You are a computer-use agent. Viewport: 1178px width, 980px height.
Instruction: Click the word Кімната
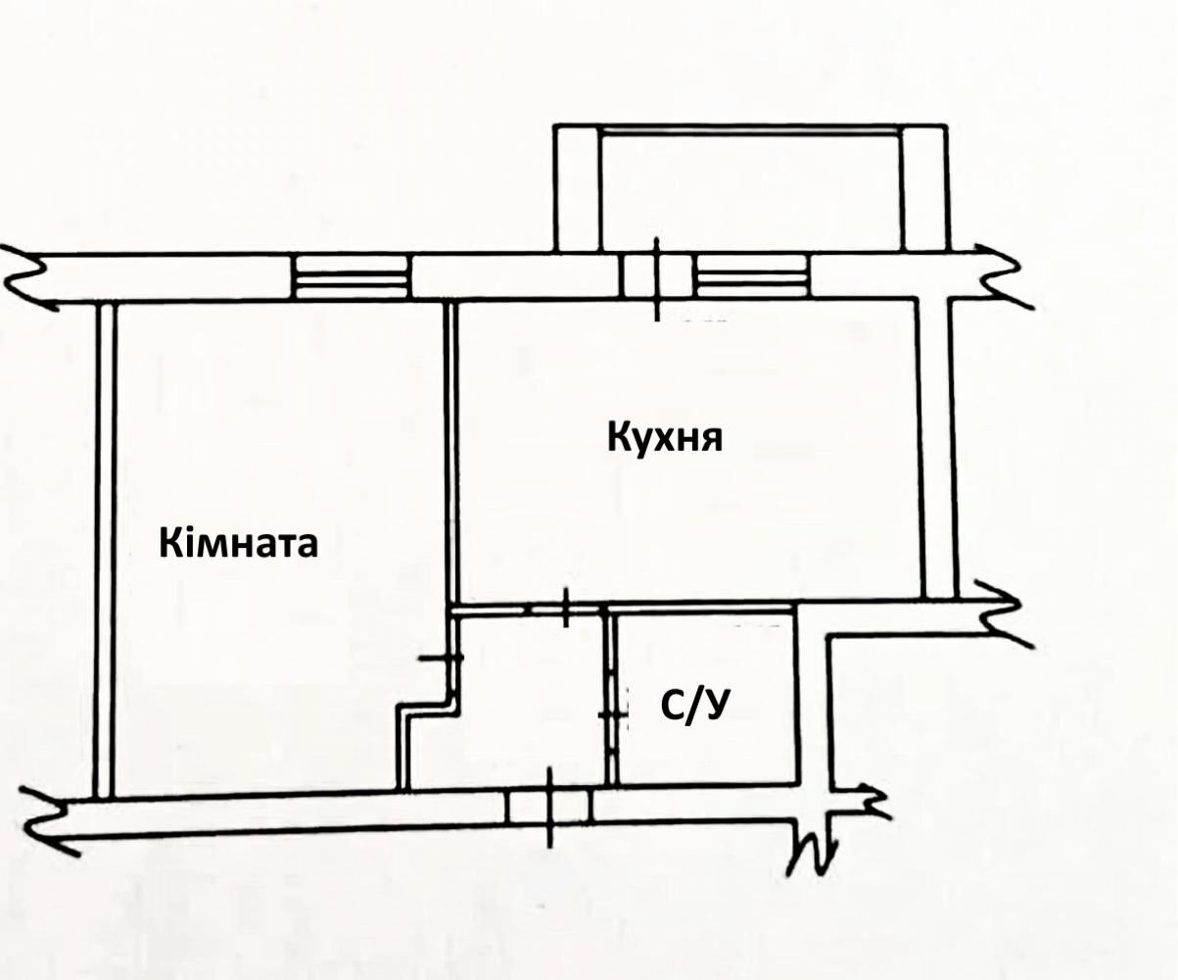(x=239, y=543)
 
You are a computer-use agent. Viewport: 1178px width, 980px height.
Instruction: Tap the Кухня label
(x=665, y=439)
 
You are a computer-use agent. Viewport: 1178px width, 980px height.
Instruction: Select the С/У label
(x=694, y=706)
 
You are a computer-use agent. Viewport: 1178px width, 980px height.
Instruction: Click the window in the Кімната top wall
(x=353, y=276)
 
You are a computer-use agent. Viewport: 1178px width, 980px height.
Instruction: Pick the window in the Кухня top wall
(x=754, y=275)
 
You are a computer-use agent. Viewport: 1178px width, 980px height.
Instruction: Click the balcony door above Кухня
(x=657, y=275)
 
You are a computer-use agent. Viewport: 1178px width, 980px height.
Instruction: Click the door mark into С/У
(x=612, y=715)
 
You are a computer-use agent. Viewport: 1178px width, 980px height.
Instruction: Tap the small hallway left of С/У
(x=531, y=700)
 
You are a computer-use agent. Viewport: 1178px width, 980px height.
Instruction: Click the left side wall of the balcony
(x=577, y=189)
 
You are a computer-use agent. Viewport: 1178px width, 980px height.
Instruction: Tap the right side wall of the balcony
(x=923, y=189)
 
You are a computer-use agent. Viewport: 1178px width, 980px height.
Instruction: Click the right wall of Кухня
(x=936, y=449)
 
